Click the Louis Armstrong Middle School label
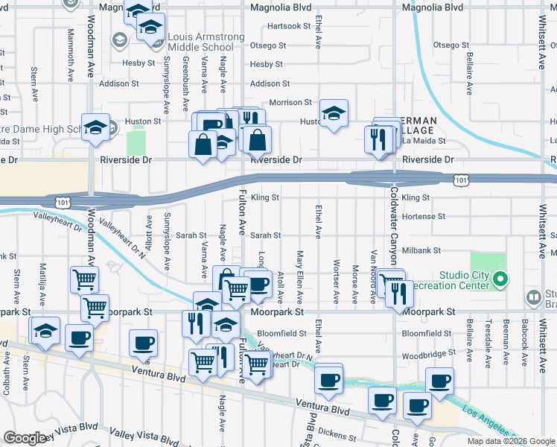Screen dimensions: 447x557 click(x=200, y=42)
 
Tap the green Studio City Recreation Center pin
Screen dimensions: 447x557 click(x=500, y=280)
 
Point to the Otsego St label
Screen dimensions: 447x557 click(x=268, y=45)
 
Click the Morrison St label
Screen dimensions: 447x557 click(x=290, y=102)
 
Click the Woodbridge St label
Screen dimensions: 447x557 click(x=427, y=354)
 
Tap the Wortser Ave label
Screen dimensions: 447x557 click(x=337, y=282)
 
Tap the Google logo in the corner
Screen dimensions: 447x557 click(x=25, y=438)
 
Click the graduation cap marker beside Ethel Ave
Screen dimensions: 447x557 click(x=334, y=114)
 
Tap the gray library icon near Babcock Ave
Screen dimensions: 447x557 click(x=533, y=298)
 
